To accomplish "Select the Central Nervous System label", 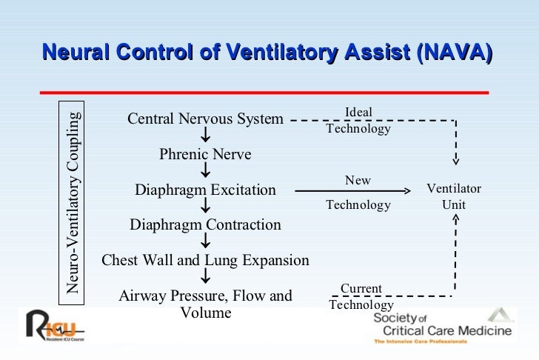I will click(x=205, y=119).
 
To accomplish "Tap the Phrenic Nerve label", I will click(x=205, y=154).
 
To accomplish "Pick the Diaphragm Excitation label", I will click(x=205, y=190).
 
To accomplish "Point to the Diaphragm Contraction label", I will click(x=205, y=224).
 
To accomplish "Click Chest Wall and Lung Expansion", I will click(x=205, y=260).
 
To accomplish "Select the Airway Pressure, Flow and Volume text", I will click(x=205, y=304).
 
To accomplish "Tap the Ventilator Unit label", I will click(x=454, y=196).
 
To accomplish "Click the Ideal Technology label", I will click(x=358, y=120).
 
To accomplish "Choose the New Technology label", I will click(x=358, y=193).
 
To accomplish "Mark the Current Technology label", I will click(x=361, y=296).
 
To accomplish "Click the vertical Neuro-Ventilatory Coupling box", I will click(x=72, y=201).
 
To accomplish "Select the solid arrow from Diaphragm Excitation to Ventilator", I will click(x=352, y=191).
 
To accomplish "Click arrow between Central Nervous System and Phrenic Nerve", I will click(x=205, y=136).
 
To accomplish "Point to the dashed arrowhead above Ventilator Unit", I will click(x=456, y=159).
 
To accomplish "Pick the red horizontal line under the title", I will click(x=264, y=93).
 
